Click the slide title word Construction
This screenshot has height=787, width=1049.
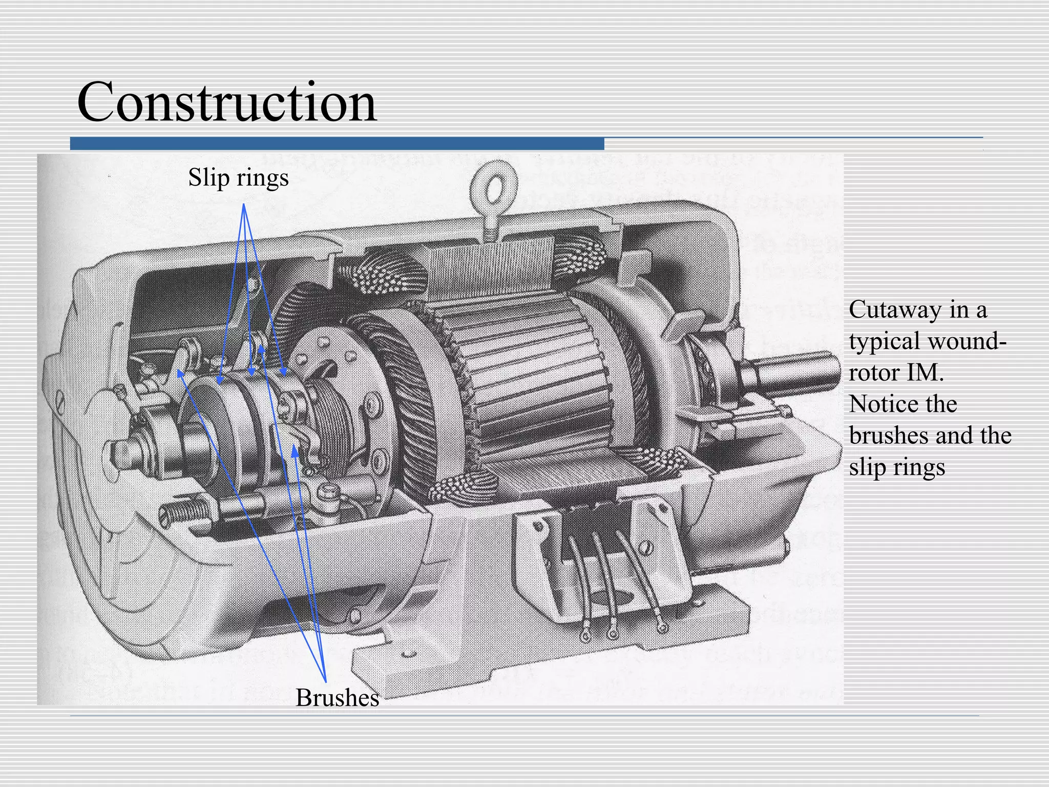226,102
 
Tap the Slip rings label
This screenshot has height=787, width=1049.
238,178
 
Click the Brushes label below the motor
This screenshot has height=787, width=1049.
337,697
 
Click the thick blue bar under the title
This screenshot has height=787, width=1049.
337,143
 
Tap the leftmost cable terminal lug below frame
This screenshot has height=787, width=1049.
585,636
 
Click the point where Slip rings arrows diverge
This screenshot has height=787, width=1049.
244,204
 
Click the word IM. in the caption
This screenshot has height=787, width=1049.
925,372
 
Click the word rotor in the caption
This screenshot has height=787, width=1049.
874,372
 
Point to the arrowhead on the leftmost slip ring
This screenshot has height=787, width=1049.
220,380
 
